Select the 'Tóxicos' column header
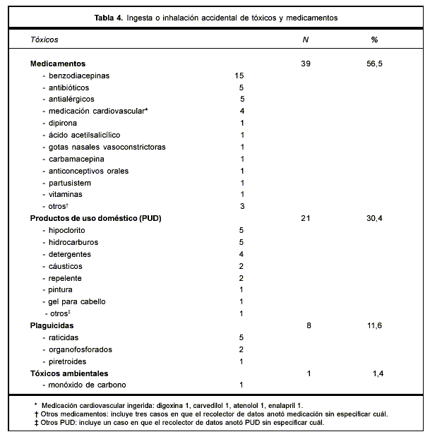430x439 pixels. click(44, 40)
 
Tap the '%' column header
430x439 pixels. click(374, 40)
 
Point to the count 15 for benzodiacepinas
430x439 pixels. click(239, 76)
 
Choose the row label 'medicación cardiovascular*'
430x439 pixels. click(98, 112)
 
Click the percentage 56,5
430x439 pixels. click(374, 64)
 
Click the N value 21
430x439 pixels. click(305, 219)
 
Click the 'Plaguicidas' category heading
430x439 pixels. click(53, 325)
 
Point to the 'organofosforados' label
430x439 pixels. click(80, 349)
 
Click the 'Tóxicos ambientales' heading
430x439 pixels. click(69, 373)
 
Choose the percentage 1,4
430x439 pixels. click(377, 373)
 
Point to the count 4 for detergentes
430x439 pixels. click(241, 254)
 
